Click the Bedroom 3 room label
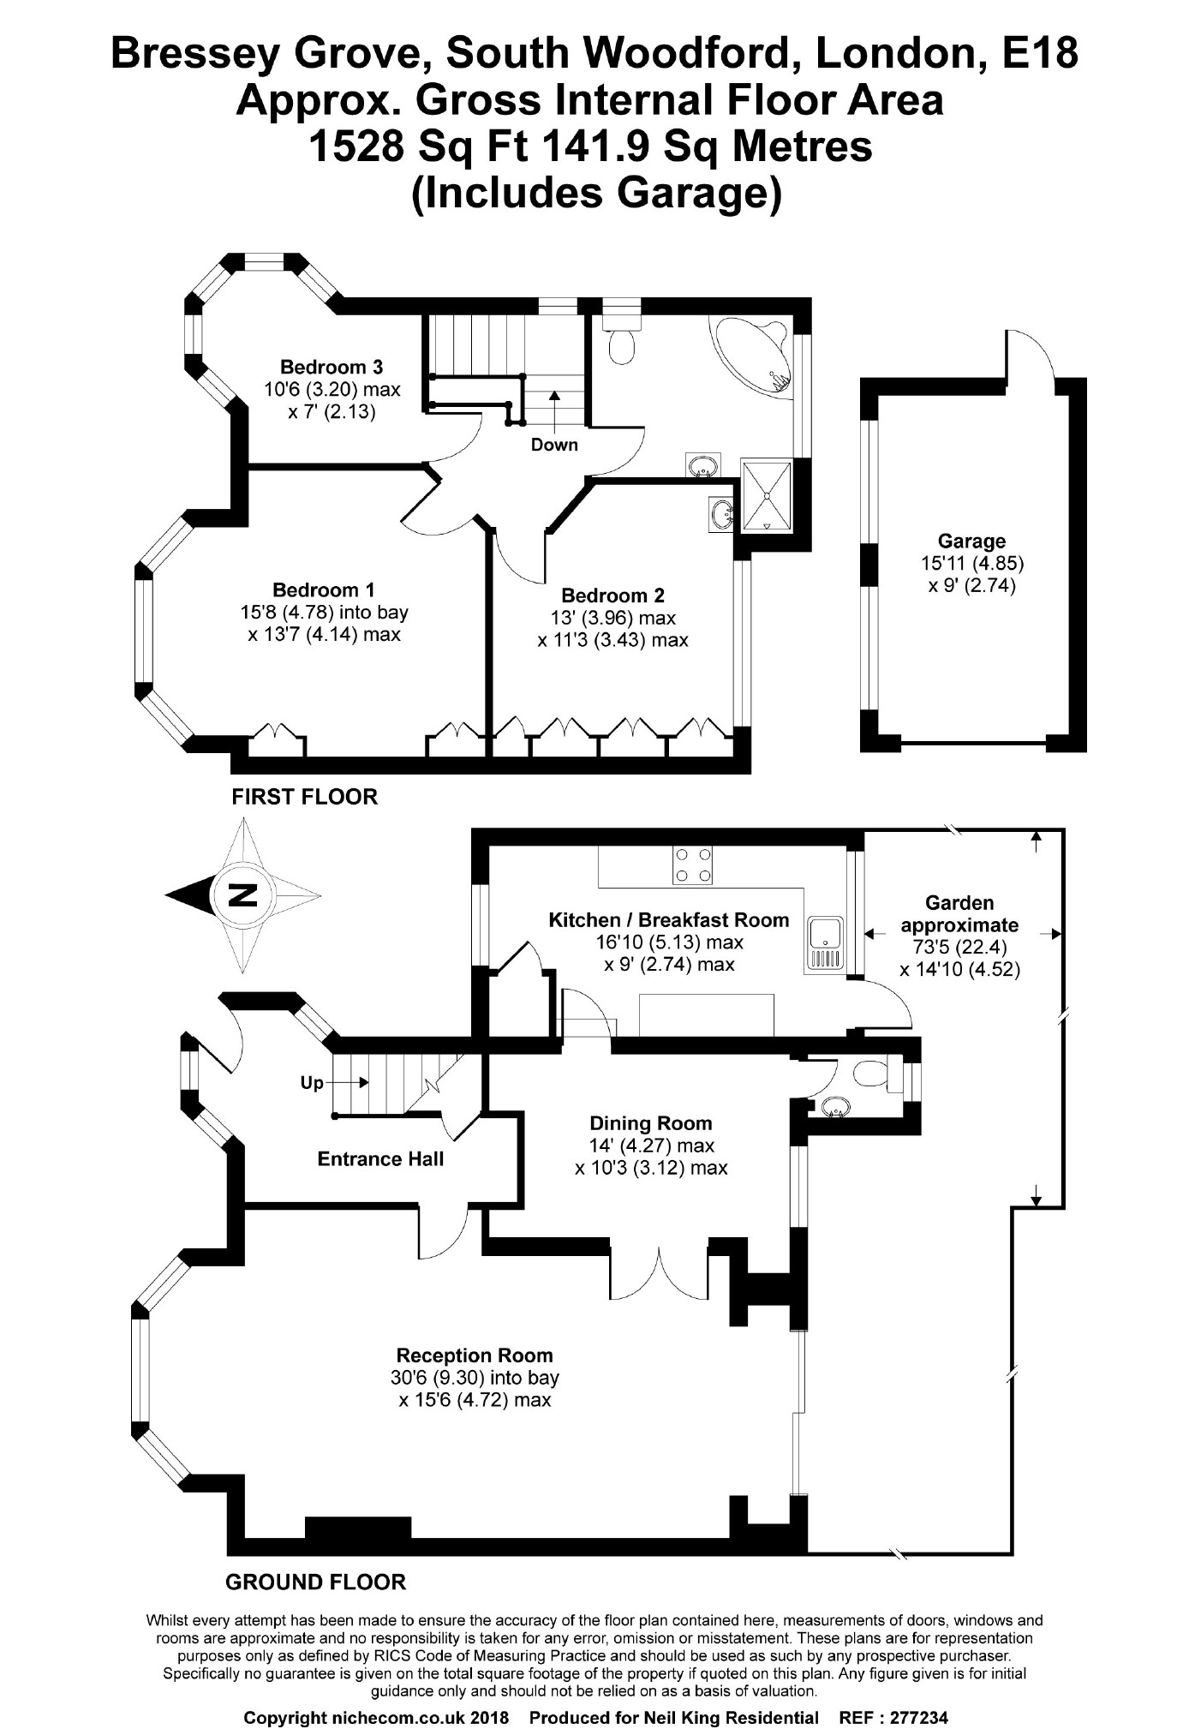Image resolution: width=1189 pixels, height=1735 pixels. pos(332,368)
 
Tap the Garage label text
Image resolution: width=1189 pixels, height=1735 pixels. pos(971,541)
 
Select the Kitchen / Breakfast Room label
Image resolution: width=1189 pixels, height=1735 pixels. pos(668,920)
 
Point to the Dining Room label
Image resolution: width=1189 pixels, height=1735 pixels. pos(651,1123)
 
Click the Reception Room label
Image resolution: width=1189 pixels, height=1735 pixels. pos(475,1355)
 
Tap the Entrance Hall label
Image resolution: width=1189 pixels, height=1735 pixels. pos(380,1159)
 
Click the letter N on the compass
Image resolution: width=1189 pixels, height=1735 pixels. pos(244,895)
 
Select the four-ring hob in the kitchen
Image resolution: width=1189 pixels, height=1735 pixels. pos(693,865)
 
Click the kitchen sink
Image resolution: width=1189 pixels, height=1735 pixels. pos(824,943)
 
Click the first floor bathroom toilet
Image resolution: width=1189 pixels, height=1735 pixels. pos(620,343)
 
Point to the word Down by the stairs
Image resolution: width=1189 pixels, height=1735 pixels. pos(554,445)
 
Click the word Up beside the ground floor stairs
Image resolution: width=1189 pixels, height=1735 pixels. pos(312,1083)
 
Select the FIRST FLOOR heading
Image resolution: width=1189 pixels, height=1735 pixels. pos(304,797)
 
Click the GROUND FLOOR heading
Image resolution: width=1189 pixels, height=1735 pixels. pos(315,1582)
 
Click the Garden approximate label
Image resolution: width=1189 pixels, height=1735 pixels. pos(959,913)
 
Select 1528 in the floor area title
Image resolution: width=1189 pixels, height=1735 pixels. pos(355,146)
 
